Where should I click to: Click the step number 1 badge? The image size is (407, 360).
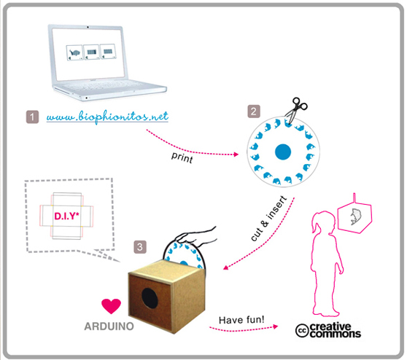[x=32, y=117]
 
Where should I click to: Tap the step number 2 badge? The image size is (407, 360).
[x=254, y=111]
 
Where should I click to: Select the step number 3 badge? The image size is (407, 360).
[x=140, y=247]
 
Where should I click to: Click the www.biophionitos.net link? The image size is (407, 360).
[x=107, y=117]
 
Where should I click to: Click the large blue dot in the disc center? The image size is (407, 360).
[x=283, y=152]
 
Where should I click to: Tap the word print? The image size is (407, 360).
[x=182, y=157]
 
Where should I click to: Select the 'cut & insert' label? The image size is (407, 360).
[x=269, y=219]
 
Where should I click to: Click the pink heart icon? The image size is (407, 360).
[x=111, y=306]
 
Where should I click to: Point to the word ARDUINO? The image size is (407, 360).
[x=109, y=326]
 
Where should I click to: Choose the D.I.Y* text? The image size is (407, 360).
[x=66, y=216]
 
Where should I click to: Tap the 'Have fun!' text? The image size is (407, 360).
[x=241, y=320]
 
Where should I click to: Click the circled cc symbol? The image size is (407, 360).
[x=302, y=331]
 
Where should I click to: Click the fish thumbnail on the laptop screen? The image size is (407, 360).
[x=74, y=52]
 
